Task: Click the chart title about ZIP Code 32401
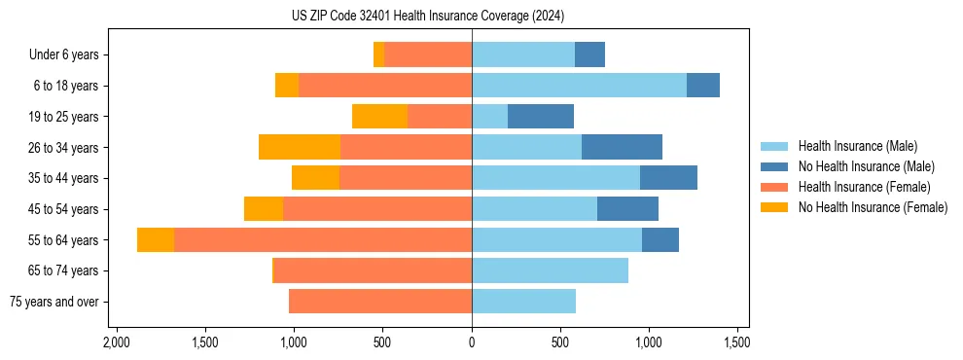point(427,17)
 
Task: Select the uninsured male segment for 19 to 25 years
point(541,117)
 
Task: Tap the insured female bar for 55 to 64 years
point(323,240)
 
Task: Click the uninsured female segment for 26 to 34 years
point(300,148)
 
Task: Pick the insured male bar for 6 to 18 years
point(579,86)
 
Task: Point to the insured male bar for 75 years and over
point(523,302)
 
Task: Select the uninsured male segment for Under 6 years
point(589,55)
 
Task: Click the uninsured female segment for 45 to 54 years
point(264,209)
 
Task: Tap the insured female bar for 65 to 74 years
point(374,271)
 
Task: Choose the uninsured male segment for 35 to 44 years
point(668,178)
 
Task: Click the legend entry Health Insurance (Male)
point(857,146)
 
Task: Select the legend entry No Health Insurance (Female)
point(873,207)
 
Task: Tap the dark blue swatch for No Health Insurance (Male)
point(774,166)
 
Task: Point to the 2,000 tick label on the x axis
point(117,342)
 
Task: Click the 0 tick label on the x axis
point(472,342)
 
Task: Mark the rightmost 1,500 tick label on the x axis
point(737,342)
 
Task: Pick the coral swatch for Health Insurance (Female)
point(774,187)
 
